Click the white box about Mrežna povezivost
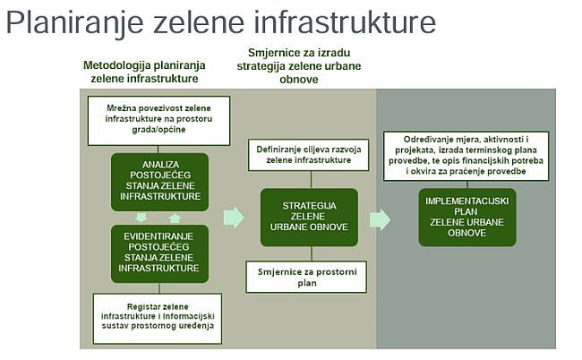[159, 114]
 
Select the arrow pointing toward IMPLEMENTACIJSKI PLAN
[380, 219]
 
